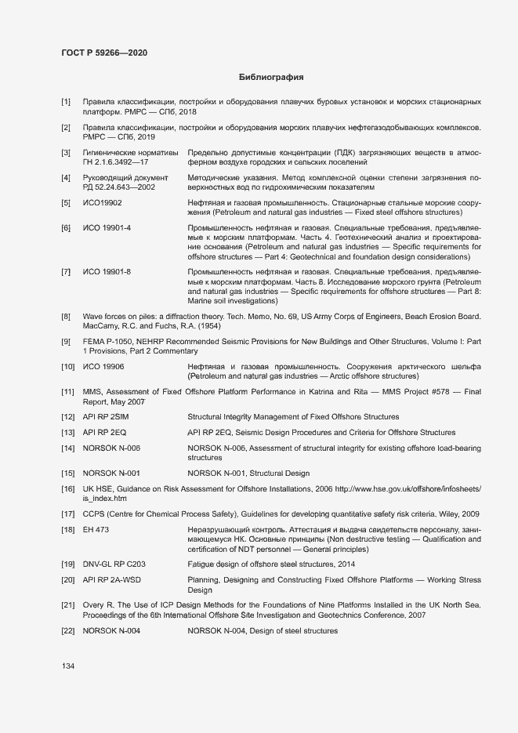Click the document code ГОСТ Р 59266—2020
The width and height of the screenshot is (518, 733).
103,53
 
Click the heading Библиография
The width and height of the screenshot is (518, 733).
270,78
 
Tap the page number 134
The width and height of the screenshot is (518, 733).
69,666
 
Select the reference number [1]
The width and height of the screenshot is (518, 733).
66,102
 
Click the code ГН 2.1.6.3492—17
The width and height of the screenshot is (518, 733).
116,161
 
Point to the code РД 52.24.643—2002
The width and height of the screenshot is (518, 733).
119,187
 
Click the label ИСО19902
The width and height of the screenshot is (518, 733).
103,203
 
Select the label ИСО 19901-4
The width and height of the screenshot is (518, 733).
107,227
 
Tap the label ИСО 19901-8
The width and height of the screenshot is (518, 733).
107,271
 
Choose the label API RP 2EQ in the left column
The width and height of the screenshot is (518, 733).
105,433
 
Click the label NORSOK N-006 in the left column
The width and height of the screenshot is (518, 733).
111,448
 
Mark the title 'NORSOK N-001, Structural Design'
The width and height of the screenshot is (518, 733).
248,474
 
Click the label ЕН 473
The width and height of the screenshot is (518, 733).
96,530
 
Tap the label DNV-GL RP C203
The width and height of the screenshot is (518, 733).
114,564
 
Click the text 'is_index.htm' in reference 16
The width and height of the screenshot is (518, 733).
105,499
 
